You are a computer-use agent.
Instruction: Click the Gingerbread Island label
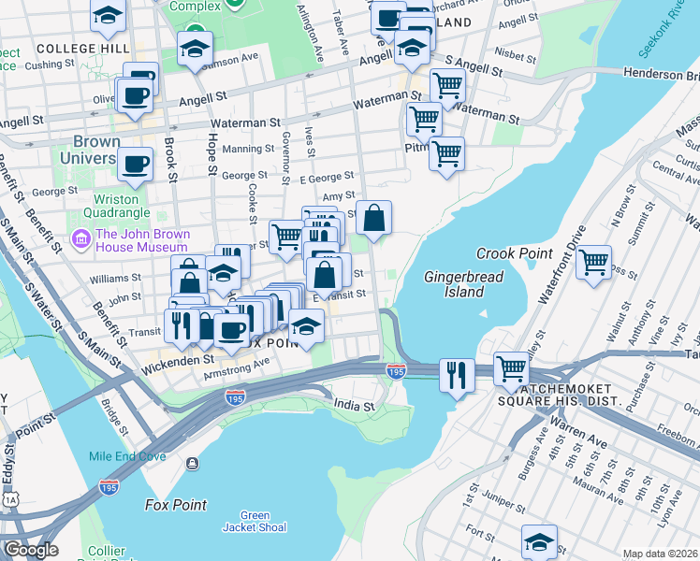click(464, 284)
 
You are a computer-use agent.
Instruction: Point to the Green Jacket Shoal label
click(255, 522)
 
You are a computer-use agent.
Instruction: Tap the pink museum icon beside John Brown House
click(80, 240)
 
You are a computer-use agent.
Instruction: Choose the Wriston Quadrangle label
click(116, 206)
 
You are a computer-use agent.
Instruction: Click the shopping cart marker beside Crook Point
click(593, 264)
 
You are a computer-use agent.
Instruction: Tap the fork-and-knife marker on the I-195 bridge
click(456, 375)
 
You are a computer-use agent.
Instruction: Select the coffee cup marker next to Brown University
click(136, 164)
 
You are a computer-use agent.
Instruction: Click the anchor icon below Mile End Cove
click(193, 463)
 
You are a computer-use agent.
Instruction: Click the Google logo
click(30, 550)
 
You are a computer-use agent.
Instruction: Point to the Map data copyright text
click(660, 554)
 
